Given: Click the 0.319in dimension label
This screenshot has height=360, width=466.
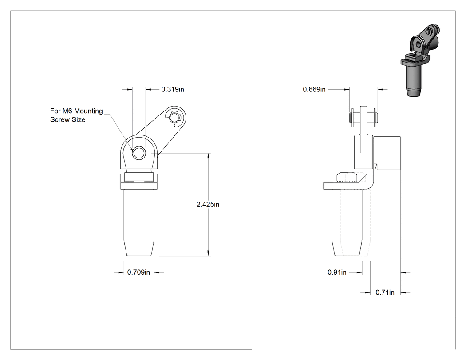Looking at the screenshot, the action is pyautogui.click(x=172, y=89).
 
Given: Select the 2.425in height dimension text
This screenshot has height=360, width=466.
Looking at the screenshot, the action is pyautogui.click(x=208, y=205).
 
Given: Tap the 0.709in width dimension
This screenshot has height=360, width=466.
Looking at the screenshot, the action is pyautogui.click(x=138, y=272).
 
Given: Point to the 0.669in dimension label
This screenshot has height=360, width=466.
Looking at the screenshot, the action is pyautogui.click(x=314, y=89).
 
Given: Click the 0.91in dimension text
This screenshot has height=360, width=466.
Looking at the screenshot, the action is pyautogui.click(x=337, y=272).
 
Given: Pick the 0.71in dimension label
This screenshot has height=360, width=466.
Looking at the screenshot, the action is pyautogui.click(x=385, y=293).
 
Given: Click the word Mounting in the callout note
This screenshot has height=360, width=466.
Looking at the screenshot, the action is pyautogui.click(x=88, y=111).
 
